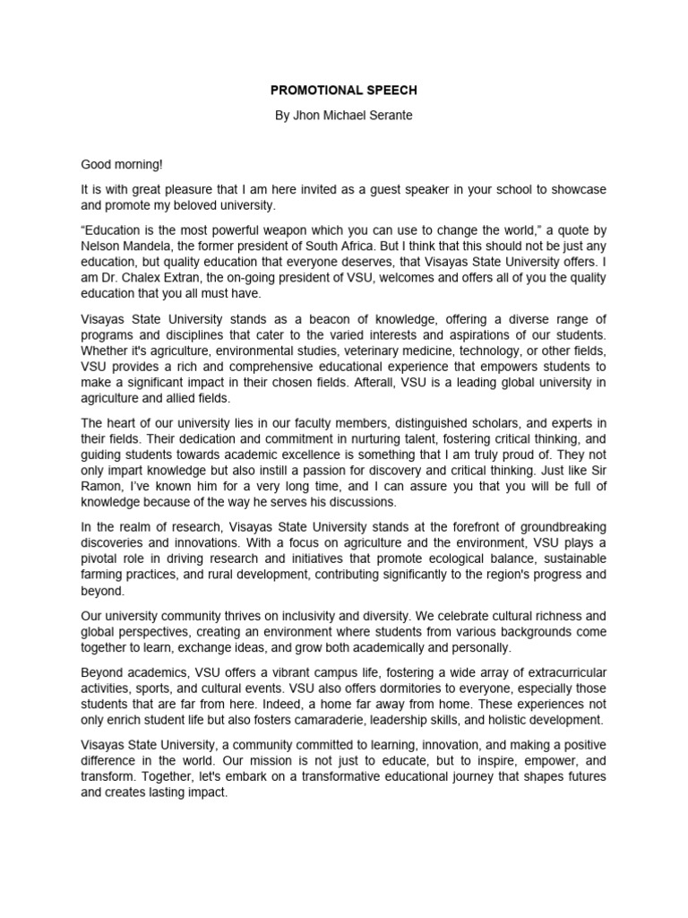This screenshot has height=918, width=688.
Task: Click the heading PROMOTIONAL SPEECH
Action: pos(343,92)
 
